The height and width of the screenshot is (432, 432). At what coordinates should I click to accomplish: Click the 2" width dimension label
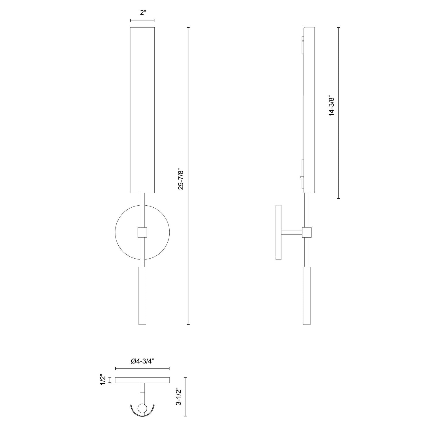[142, 13]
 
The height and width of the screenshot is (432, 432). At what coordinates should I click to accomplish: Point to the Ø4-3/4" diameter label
[142, 361]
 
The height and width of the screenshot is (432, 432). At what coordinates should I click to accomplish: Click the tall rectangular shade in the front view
[142, 109]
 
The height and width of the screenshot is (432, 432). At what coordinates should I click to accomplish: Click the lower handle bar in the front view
[142, 295]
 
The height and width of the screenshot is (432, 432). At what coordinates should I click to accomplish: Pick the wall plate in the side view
[278, 232]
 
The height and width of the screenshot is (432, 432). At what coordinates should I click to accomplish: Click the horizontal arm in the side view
[291, 232]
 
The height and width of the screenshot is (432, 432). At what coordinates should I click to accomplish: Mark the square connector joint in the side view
[307, 232]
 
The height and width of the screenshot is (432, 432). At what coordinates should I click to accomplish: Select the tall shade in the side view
[310, 109]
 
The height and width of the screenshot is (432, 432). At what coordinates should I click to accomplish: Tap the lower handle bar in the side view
[307, 295]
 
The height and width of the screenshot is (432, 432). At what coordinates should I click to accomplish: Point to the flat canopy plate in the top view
[142, 380]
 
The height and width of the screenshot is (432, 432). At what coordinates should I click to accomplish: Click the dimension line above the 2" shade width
[142, 20]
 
